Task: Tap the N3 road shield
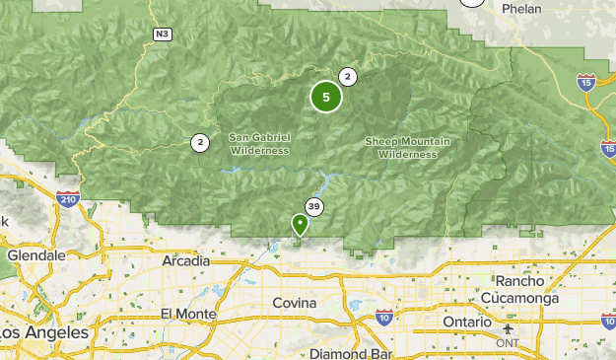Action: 162,35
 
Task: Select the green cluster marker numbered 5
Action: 326,97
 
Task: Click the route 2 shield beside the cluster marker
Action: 347,77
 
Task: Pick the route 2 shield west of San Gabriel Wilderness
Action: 200,143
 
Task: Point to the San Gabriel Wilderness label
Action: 259,144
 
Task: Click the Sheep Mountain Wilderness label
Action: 407,148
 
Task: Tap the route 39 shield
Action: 314,206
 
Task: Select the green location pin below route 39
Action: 300,225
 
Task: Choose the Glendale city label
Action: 35,254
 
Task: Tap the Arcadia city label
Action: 185,261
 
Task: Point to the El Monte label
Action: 188,313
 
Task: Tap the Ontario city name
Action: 466,323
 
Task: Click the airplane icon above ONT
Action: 509,328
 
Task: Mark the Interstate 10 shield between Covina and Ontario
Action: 384,317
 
